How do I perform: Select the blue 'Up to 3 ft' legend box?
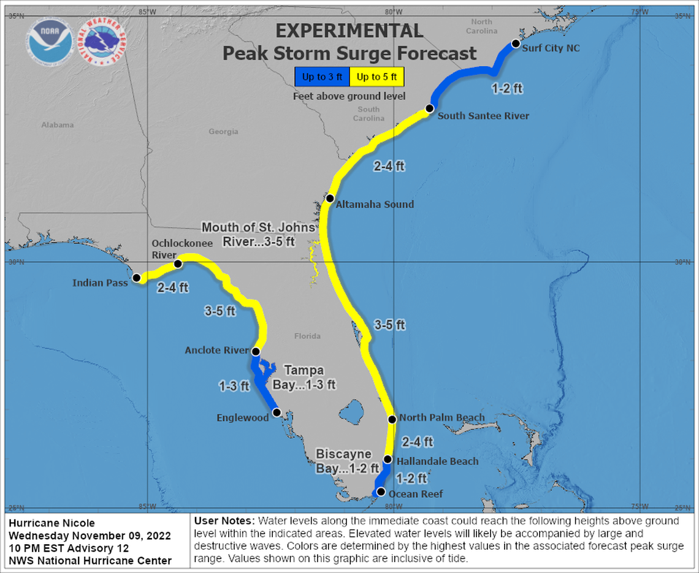[322, 77]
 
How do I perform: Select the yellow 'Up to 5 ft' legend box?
[376, 77]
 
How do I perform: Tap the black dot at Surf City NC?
[516, 44]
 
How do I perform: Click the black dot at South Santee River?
[430, 109]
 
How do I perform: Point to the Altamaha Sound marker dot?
[330, 199]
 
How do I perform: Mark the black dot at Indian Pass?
[137, 278]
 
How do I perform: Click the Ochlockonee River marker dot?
[178, 264]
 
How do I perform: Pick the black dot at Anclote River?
[256, 352]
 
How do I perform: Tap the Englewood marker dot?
[277, 412]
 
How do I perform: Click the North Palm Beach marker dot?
[392, 419]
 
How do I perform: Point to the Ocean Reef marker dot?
[381, 492]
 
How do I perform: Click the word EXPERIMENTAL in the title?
[349, 31]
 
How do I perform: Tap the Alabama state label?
[58, 125]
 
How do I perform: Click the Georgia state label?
[223, 132]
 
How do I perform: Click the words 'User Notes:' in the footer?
[224, 520]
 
